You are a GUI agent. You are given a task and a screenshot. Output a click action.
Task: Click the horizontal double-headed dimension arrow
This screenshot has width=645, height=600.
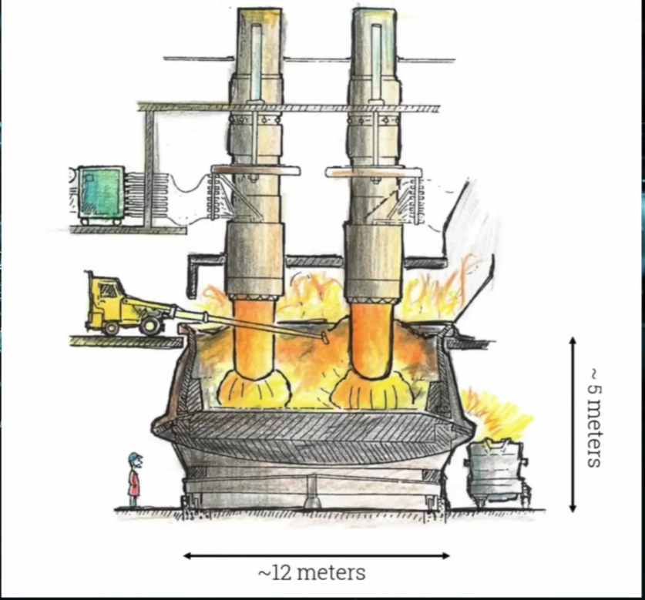tap(316, 555)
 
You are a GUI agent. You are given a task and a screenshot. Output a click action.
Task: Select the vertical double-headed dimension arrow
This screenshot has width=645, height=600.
tap(572, 424)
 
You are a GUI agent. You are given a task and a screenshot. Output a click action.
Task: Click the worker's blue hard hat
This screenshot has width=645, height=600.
tap(135, 458)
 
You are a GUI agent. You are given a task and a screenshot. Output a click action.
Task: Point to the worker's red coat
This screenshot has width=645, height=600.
tap(134, 483)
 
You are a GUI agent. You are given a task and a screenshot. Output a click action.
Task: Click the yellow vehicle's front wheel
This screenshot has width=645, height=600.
tap(151, 326)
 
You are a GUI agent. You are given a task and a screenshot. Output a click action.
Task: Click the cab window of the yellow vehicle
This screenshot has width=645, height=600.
tap(110, 290)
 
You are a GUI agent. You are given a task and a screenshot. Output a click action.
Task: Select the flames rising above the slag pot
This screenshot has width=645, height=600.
tap(497, 416)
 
